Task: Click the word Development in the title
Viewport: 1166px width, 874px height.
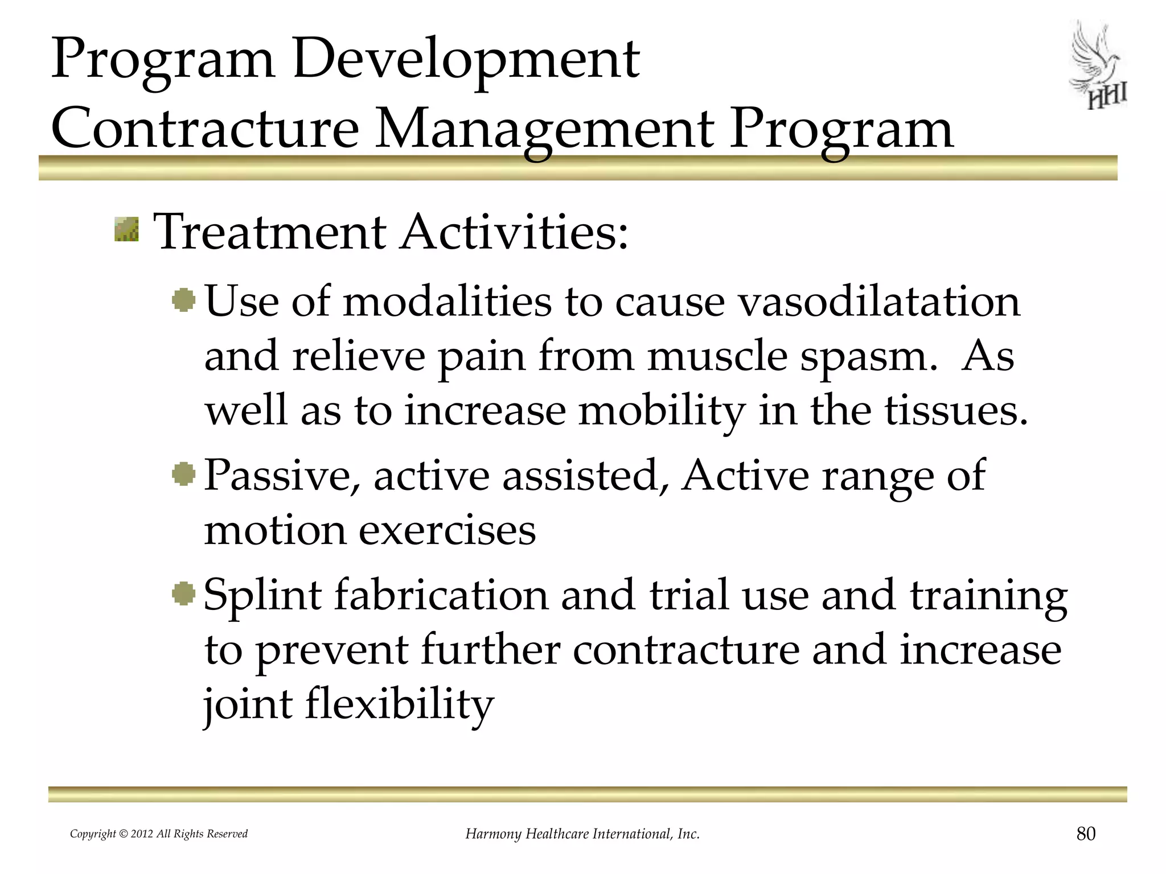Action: click(466, 59)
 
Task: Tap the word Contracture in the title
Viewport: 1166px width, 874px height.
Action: click(205, 129)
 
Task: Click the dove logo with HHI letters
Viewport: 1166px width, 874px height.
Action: click(1098, 66)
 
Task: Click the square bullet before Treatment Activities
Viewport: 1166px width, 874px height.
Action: click(126, 229)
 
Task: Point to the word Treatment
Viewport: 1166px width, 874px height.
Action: click(270, 232)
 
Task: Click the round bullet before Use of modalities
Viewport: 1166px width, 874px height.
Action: click(184, 300)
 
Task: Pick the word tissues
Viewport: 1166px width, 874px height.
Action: click(956, 411)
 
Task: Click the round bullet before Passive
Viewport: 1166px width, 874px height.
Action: click(184, 473)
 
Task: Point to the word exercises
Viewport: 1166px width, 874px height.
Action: click(447, 530)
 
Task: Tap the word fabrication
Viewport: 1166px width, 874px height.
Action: click(441, 595)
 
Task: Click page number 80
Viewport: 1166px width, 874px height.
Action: click(1086, 834)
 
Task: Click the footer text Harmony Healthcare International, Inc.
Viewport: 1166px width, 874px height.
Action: click(582, 834)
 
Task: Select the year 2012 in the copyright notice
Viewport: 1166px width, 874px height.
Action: click(142, 834)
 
